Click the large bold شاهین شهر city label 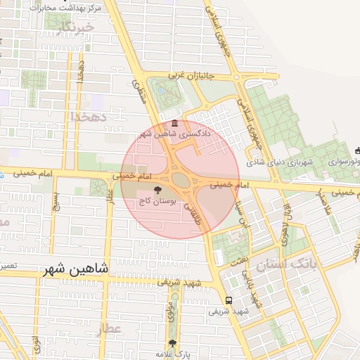tap(72, 268)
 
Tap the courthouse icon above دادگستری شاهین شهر tap(175, 124)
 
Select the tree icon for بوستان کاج tap(157, 190)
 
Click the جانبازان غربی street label tap(199, 74)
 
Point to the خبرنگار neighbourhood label tap(75, 27)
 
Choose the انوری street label tap(37, 349)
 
